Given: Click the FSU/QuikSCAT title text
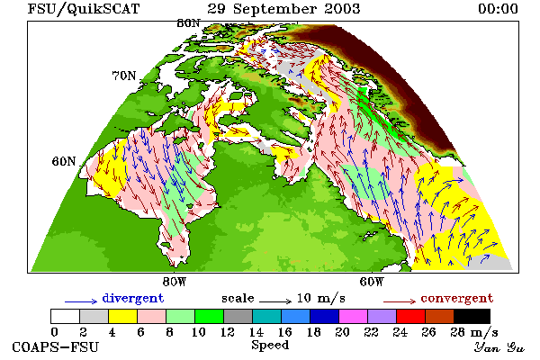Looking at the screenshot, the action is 84,9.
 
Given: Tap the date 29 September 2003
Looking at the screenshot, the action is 283,9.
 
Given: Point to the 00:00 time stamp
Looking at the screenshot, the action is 498,9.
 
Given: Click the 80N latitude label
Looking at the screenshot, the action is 188,23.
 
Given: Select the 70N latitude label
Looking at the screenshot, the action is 124,76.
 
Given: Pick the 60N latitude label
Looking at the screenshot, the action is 64,161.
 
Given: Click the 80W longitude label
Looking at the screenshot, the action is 175,282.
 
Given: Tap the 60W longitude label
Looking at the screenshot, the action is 371,282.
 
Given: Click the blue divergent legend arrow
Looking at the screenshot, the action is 81,301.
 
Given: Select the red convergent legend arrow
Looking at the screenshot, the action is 400,301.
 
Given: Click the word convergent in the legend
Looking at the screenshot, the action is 456,298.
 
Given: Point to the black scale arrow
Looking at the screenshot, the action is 275,301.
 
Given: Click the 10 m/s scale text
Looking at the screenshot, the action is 321,298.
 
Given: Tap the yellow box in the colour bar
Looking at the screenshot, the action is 123,316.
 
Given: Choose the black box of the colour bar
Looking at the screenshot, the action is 472,316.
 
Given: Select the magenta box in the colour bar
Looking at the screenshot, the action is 354,316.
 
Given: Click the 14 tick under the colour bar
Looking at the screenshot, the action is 256,332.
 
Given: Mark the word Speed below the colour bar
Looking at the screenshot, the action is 270,346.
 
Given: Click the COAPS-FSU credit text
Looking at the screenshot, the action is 56,347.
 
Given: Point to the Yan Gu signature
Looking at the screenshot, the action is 499,347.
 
